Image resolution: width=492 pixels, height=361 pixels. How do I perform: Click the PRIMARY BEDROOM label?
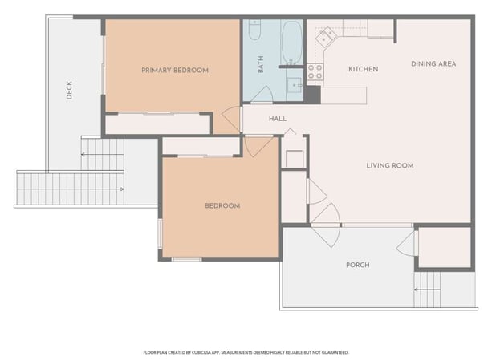(x=174, y=71)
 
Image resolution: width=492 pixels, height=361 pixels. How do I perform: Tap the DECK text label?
(x=70, y=91)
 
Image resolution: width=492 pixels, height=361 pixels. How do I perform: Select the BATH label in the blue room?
(x=261, y=64)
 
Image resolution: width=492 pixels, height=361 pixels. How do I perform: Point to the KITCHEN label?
(x=363, y=70)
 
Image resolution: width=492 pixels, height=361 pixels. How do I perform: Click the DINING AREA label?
(x=433, y=64)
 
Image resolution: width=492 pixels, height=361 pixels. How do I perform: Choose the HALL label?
(x=278, y=119)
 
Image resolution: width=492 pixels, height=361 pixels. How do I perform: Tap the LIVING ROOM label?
(x=389, y=166)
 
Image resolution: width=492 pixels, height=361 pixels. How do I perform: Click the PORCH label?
(x=357, y=265)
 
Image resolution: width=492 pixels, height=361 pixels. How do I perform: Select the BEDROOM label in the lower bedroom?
(x=222, y=206)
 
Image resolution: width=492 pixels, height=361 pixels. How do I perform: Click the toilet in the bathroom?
(x=255, y=31)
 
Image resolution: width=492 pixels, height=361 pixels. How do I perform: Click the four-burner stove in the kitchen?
(x=315, y=72)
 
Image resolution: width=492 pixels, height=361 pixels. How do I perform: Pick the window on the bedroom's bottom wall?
(x=186, y=258)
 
